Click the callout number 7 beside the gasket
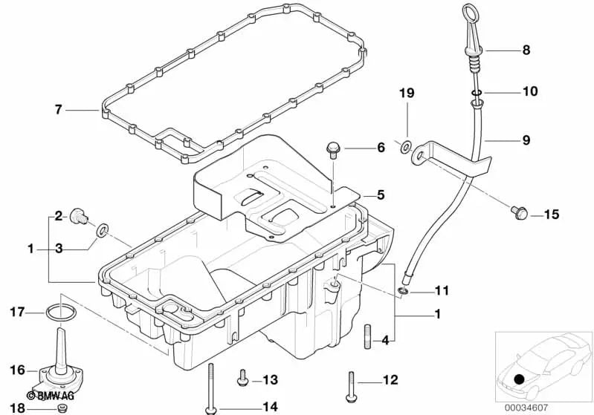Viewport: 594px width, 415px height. click(x=58, y=110)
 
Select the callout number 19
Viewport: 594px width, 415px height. click(x=407, y=93)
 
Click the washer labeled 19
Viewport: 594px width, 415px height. click(x=407, y=146)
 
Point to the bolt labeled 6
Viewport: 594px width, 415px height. click(x=333, y=149)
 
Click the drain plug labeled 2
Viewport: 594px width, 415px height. click(x=79, y=216)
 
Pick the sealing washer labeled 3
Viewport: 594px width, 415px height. click(x=102, y=230)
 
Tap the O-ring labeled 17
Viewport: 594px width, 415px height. click(x=61, y=313)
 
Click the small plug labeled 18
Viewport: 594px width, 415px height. click(x=62, y=408)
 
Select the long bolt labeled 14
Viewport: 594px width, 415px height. click(x=210, y=389)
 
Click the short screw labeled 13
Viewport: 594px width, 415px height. click(x=242, y=379)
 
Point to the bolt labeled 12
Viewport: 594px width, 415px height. click(x=351, y=387)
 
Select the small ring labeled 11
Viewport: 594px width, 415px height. click(x=404, y=291)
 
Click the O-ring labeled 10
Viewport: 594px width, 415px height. click(x=477, y=92)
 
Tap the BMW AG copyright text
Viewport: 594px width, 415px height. click(x=51, y=396)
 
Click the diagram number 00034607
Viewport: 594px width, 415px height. click(x=526, y=408)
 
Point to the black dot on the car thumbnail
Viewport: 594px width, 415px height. click(x=520, y=379)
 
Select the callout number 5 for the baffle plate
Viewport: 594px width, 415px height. click(x=381, y=195)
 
